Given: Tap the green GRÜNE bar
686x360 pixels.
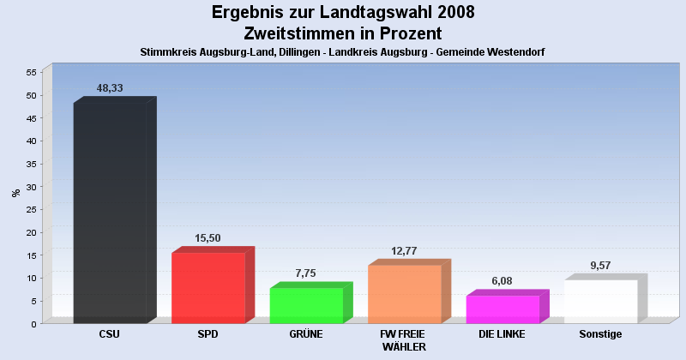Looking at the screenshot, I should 306,305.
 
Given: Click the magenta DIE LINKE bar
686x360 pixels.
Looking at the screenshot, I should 502,309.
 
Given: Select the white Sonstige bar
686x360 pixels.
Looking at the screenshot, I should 600,301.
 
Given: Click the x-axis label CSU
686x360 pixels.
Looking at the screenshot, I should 110,334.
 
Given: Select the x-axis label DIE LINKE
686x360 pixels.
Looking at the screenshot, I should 502,334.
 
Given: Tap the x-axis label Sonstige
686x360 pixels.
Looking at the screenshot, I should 600,334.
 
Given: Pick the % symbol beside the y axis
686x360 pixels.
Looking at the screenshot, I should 15,193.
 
